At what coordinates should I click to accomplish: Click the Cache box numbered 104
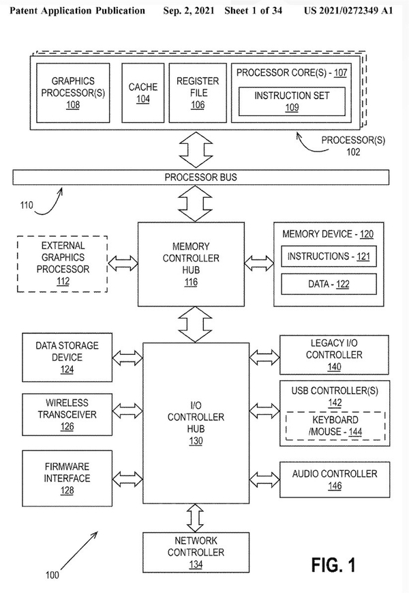click(143, 93)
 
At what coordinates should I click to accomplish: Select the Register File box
click(198, 93)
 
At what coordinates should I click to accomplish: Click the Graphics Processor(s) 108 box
click(73, 93)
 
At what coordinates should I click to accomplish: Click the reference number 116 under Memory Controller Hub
click(191, 281)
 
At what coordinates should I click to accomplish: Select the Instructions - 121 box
click(328, 257)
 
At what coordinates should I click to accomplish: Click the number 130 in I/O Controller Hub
click(196, 442)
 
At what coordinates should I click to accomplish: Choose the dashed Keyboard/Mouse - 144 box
click(334, 426)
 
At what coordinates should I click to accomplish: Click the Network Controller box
click(196, 551)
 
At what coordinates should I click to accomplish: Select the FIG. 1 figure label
click(333, 564)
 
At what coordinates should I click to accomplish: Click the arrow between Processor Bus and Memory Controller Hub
click(195, 203)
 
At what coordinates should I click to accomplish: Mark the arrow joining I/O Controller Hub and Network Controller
click(196, 517)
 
